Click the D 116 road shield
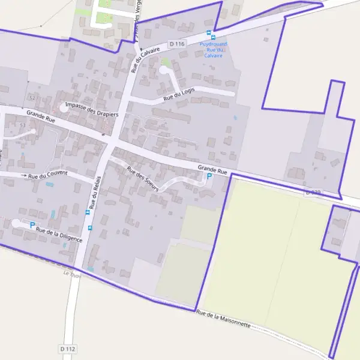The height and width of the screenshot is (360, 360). point(177,44)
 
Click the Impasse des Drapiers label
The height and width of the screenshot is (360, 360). point(92,109)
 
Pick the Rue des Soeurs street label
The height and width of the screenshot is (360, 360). point(143,178)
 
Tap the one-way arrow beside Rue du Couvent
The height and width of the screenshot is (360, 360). point(24,175)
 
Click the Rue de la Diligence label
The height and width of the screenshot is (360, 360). point(59,233)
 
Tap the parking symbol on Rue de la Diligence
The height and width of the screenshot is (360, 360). point(32,225)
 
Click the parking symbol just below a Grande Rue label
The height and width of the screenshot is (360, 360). point(209,176)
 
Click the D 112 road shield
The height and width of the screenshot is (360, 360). point(68,349)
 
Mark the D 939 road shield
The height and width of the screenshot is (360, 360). point(313,193)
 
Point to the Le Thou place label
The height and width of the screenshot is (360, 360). point(71,274)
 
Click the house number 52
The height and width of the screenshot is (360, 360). point(32,97)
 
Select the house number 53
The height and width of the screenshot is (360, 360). point(23,125)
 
